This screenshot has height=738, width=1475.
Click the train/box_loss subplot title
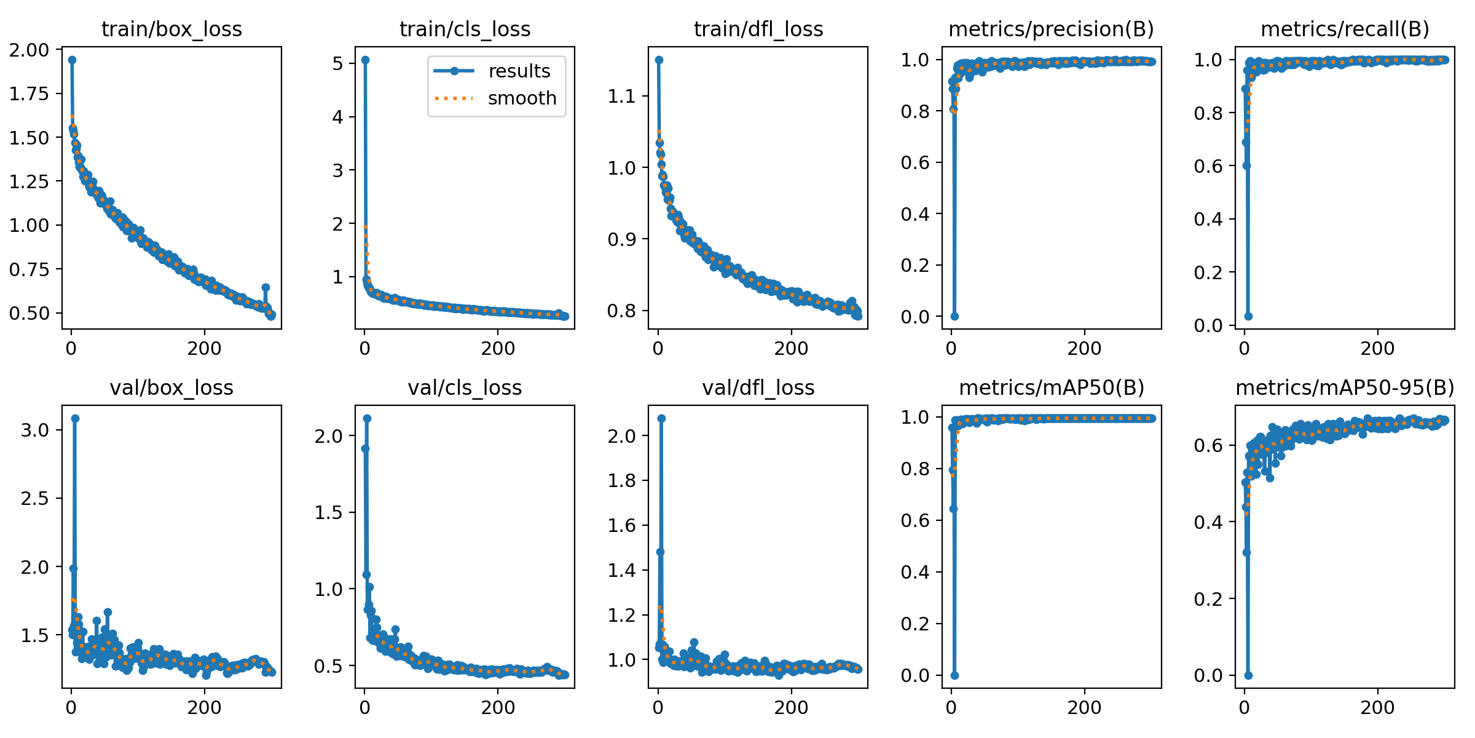tap(171, 30)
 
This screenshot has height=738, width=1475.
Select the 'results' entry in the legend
tap(519, 71)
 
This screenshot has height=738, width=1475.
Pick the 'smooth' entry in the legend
tap(521, 98)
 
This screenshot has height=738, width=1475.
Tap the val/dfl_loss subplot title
tap(758, 388)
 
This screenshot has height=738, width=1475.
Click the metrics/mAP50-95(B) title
tap(1345, 388)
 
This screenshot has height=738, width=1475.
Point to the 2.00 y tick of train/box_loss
tap(29, 50)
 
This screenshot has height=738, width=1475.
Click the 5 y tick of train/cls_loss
tap(337, 63)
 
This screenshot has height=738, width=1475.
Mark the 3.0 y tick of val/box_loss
tap(34, 430)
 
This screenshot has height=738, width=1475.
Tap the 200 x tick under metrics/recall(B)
tap(1377, 349)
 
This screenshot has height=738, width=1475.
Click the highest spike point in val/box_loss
tap(75, 418)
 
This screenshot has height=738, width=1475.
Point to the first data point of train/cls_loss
tap(365, 60)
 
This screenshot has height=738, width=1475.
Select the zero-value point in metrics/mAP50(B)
tap(954, 675)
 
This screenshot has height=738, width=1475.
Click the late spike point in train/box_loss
tap(265, 287)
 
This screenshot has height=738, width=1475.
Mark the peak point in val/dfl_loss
tap(661, 418)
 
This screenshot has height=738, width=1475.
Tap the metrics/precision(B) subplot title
tap(1051, 30)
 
